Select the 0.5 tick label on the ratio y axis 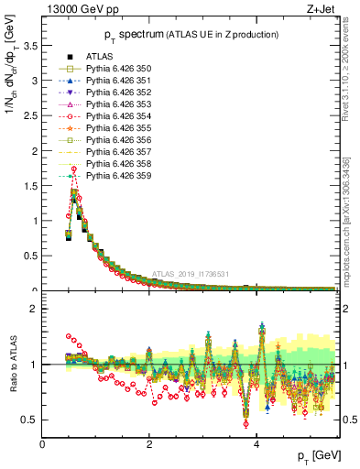click(29, 420)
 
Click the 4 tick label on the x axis click(256, 443)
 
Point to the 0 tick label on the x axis click(42, 443)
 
